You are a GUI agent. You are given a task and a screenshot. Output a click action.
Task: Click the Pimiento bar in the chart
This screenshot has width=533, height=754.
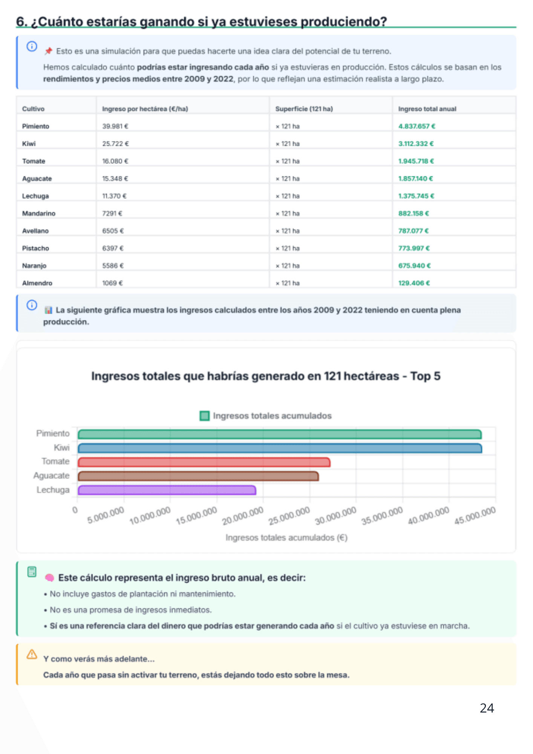(280, 434)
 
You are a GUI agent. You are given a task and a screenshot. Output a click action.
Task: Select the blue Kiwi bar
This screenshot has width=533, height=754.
(280, 448)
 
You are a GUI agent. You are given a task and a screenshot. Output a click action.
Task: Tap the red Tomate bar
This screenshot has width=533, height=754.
(204, 462)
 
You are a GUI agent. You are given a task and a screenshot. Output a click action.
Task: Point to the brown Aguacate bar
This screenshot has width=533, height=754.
(198, 476)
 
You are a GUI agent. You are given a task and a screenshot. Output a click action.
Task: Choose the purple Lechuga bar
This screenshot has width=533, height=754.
(167, 490)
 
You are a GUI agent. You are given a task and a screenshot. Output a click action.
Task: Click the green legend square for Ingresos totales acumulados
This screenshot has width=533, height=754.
(205, 416)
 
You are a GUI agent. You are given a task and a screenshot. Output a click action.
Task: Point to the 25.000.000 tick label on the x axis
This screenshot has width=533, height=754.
(289, 515)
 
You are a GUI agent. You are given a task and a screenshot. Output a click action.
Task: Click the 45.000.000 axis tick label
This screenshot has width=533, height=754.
(475, 515)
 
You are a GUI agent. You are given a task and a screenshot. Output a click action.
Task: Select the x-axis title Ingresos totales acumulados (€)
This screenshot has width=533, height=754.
(286, 538)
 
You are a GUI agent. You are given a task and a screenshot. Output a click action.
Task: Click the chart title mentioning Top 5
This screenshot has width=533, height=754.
(266, 376)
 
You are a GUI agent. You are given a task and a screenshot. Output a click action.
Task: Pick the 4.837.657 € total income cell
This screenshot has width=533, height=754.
(417, 126)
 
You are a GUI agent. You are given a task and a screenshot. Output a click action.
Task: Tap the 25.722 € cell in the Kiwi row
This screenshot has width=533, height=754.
(115, 144)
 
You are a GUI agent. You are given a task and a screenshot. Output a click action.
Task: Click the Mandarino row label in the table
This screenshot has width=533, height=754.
(39, 213)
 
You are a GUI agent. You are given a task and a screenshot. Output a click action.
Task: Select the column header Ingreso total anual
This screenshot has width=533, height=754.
(427, 109)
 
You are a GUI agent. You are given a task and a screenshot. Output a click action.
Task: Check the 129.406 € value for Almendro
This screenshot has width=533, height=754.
(414, 283)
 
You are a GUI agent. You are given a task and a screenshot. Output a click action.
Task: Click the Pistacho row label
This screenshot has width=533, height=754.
(35, 248)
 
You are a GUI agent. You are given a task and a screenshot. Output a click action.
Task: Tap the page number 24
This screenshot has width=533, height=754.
(487, 708)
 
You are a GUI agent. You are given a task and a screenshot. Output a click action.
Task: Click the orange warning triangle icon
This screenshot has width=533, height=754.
(32, 654)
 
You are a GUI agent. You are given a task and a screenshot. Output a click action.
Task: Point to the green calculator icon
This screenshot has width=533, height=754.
(32, 572)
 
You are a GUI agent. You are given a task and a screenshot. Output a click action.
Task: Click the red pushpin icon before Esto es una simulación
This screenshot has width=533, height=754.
(48, 51)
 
